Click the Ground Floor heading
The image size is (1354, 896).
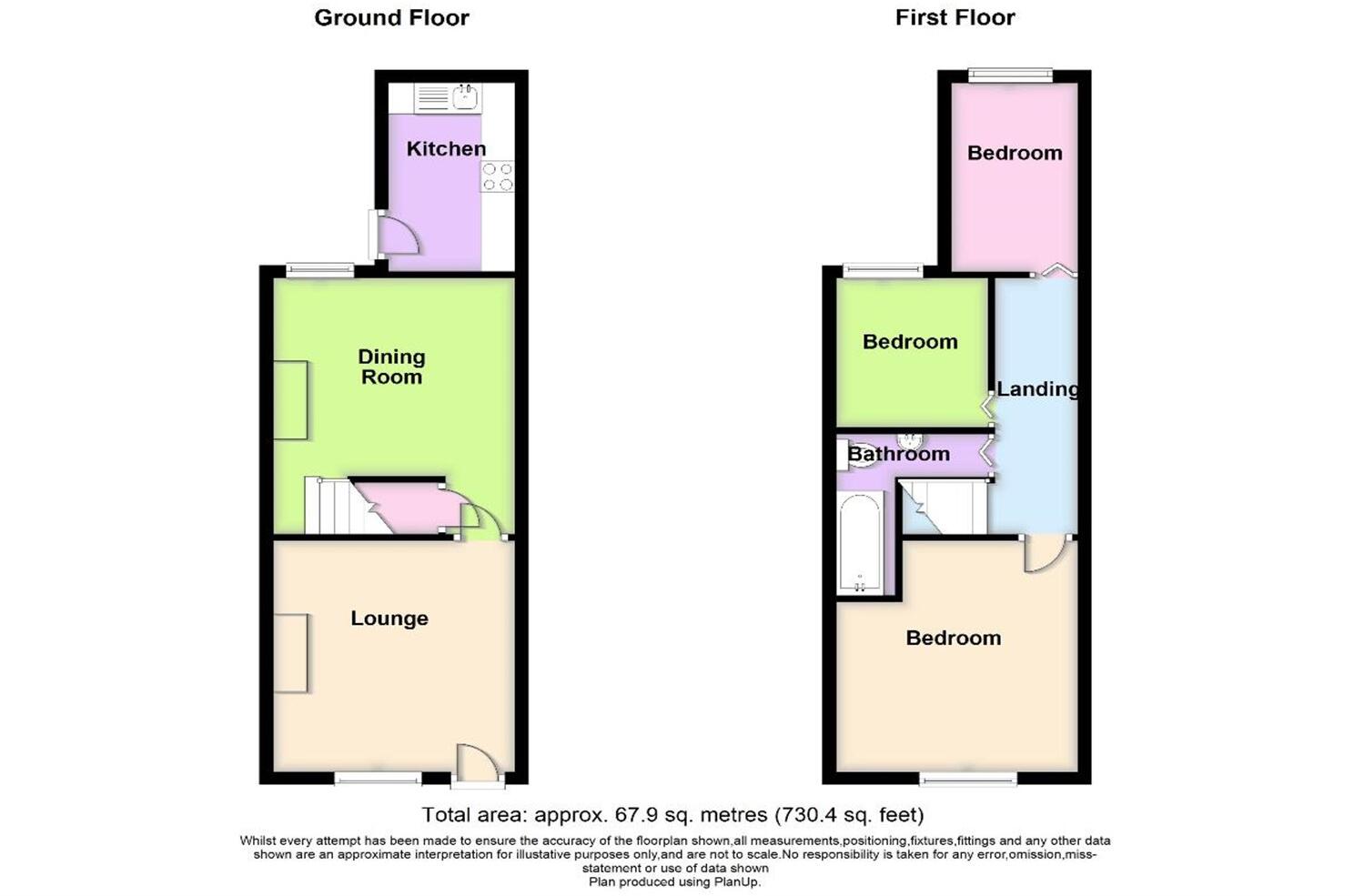click(391, 17)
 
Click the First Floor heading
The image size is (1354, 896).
click(955, 17)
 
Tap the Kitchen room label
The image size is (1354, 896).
click(446, 148)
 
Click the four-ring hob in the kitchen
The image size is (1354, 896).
click(498, 176)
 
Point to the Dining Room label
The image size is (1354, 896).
click(391, 367)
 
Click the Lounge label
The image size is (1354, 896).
click(389, 619)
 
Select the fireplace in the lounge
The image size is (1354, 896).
click(291, 653)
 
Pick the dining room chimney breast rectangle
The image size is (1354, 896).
click(291, 400)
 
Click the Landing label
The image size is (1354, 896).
click(1037, 389)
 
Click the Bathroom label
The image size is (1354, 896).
click(898, 453)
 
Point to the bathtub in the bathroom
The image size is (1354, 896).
click(860, 543)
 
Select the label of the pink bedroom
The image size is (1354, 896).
click(1015, 153)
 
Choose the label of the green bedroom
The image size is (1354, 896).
click(910, 342)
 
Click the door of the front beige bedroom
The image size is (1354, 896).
click(1044, 554)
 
